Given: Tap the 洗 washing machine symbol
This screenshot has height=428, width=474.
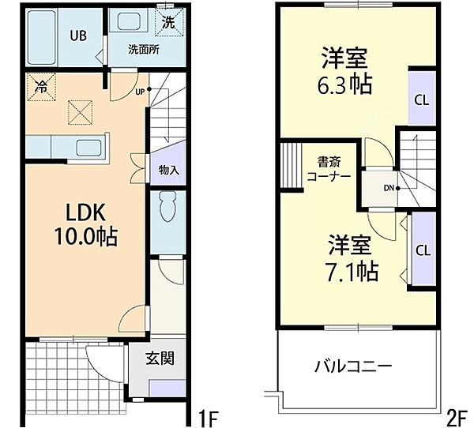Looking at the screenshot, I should tap(169, 23).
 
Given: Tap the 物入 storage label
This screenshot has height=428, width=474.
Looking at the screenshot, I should tap(167, 170).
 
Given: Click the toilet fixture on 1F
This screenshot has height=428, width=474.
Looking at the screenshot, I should tap(167, 207).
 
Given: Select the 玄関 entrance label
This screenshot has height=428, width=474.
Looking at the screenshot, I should tap(158, 359).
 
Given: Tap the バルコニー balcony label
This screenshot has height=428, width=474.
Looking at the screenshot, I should tap(353, 366).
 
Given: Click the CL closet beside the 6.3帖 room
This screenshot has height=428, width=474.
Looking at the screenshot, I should tap(423, 99).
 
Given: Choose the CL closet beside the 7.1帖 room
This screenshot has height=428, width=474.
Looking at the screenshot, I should tap(423, 250).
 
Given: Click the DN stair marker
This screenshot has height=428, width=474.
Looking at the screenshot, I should tap(389, 188).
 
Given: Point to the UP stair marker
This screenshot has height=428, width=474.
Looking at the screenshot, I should tap(141, 89).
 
